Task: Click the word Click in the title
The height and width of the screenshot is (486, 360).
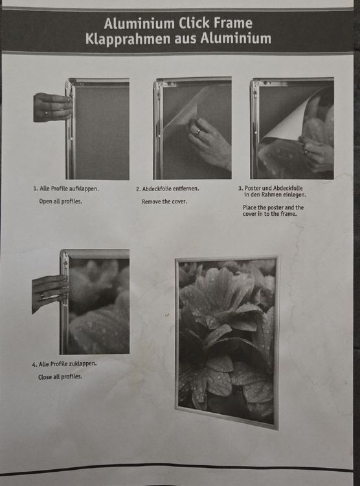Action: [194, 23]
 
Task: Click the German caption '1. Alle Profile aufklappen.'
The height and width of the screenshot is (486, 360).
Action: [66, 189]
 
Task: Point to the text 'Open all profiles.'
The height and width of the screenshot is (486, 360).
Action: [60, 202]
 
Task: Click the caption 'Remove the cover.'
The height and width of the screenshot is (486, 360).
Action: [164, 202]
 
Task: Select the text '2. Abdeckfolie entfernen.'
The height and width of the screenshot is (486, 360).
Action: [167, 189]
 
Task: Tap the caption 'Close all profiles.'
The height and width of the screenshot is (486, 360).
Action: [60, 377]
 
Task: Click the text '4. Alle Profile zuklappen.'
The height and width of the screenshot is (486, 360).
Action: [64, 364]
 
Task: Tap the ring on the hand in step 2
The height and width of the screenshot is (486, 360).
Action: [198, 132]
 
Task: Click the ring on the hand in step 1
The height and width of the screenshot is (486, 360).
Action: [47, 113]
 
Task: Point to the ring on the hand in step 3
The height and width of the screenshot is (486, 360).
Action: [306, 152]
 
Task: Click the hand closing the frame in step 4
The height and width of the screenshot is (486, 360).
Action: [50, 293]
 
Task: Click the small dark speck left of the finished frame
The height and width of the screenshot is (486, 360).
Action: [167, 315]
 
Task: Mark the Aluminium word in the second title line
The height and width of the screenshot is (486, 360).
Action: [236, 39]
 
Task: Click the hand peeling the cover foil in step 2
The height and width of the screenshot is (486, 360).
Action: [209, 143]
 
